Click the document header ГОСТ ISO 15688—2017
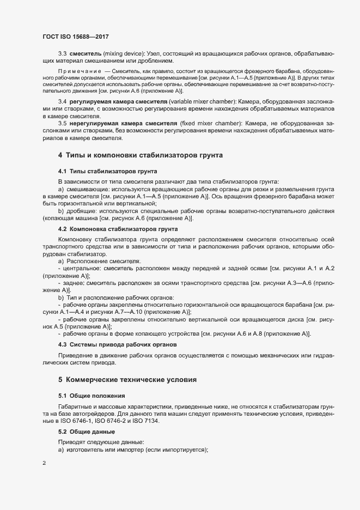coord(76,36)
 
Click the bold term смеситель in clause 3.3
coord(84,54)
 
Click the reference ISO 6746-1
coord(78,421)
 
